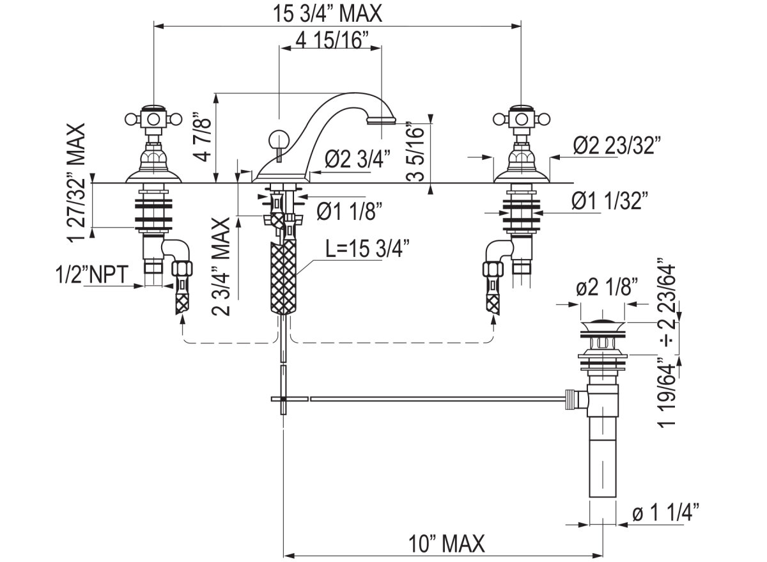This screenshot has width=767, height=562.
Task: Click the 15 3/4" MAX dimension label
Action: (x=328, y=13)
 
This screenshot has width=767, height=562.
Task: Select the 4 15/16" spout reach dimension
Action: (x=333, y=40)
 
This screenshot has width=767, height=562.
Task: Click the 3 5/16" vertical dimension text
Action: (x=417, y=152)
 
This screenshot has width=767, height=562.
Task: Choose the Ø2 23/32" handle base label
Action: (x=616, y=146)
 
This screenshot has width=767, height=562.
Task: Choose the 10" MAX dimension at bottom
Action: (x=447, y=544)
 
